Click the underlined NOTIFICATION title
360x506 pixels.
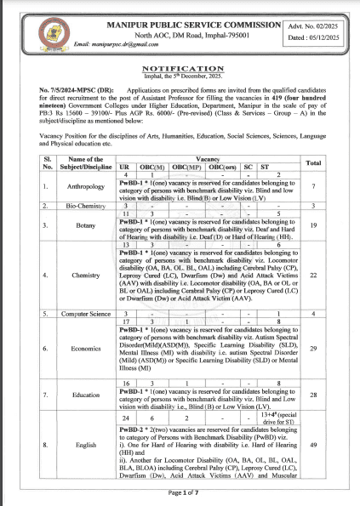(x=180, y=65)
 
